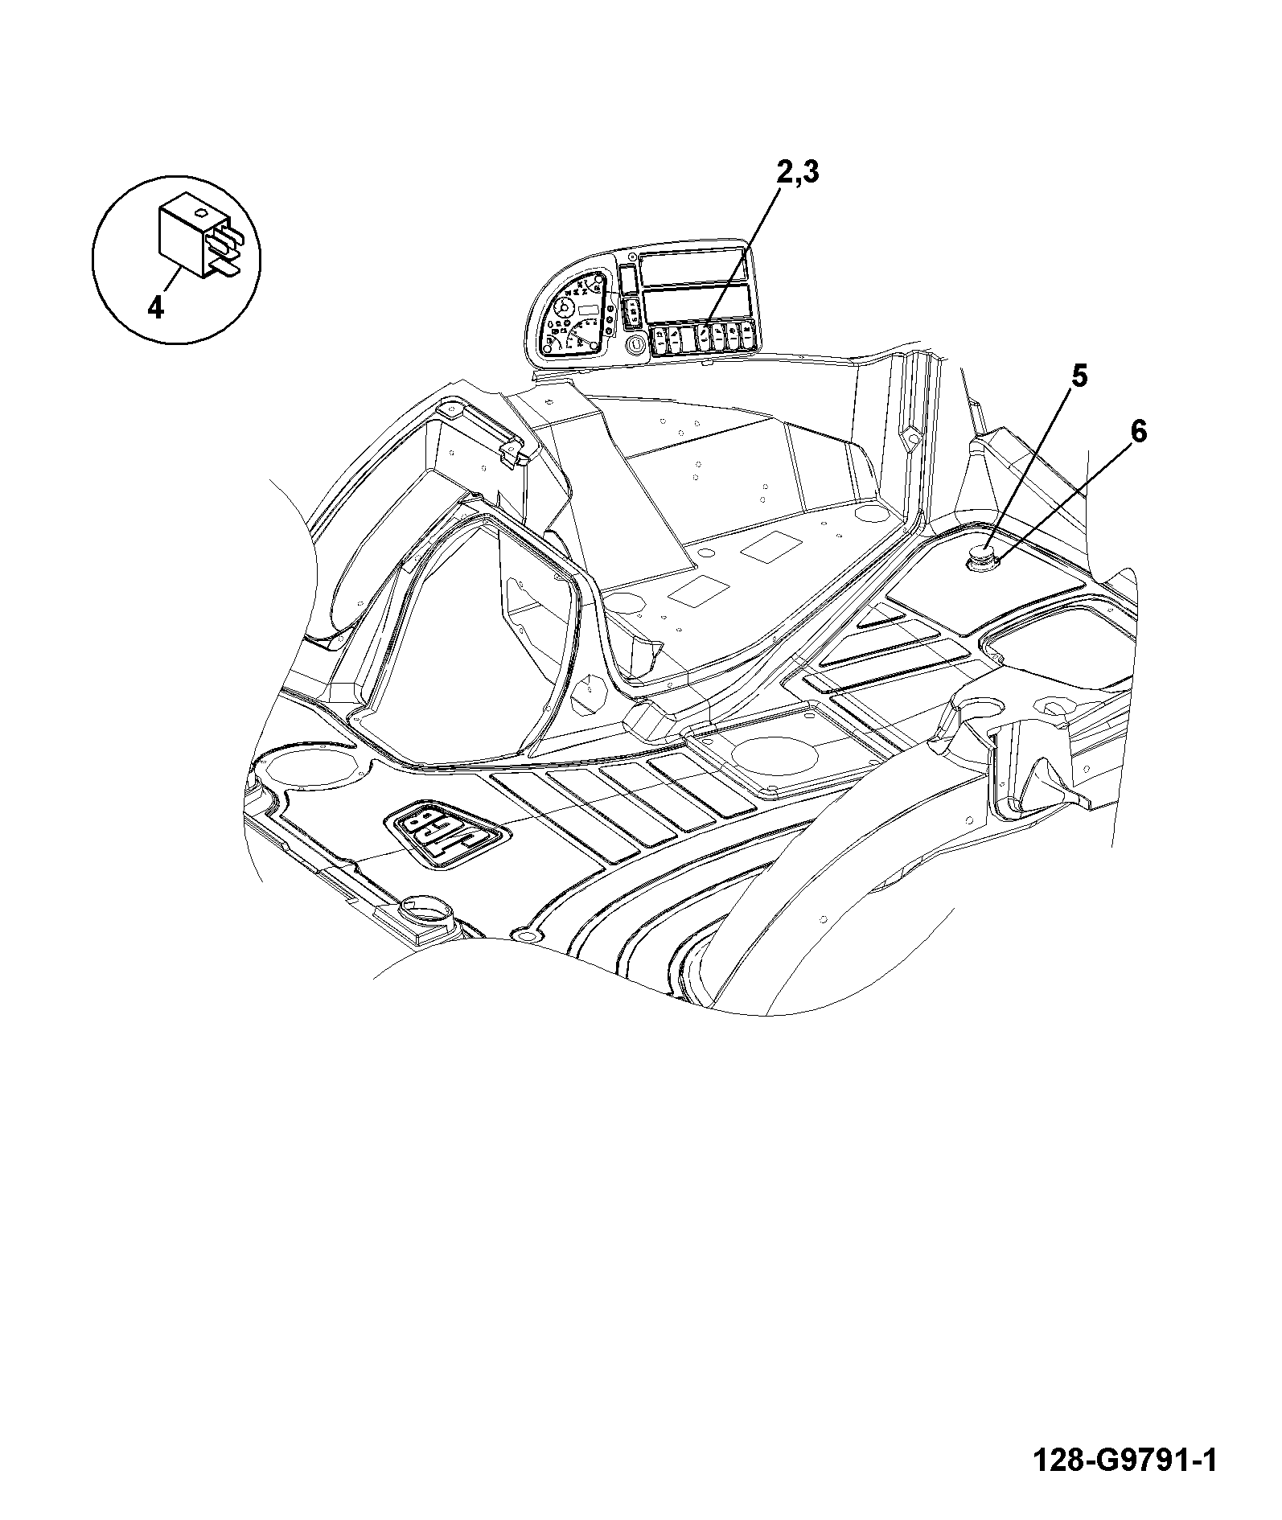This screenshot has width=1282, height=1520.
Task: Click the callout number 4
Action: click(156, 306)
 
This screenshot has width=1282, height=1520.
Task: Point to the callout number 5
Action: click(1079, 376)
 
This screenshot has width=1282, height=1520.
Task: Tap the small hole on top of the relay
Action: click(202, 213)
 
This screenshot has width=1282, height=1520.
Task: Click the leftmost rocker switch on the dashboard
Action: click(659, 339)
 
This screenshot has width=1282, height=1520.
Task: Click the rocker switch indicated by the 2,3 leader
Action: click(704, 338)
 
